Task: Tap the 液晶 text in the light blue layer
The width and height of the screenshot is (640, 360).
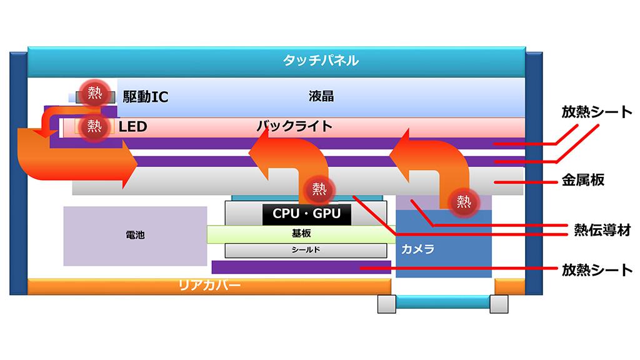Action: pos(321,96)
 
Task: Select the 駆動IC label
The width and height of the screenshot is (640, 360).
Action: pos(146,97)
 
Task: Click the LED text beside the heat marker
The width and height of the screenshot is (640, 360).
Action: pos(132,127)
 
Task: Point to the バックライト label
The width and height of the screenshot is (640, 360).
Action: pos(294,126)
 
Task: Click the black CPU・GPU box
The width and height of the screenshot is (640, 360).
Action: pos(306,214)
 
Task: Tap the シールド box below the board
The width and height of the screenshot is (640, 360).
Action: pos(306,250)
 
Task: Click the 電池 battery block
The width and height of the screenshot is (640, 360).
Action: pos(135,236)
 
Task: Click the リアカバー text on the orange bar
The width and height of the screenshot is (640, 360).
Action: pos(209,286)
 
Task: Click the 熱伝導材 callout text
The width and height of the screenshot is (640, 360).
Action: pos(601,230)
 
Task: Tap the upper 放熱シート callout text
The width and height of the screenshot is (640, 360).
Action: pos(597,112)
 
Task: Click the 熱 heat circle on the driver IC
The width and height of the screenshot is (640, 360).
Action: pos(94,93)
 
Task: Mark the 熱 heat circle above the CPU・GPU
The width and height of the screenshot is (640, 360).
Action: pos(319,187)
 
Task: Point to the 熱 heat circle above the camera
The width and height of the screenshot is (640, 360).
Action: pos(464,201)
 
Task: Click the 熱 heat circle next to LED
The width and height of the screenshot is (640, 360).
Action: pos(94,126)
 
